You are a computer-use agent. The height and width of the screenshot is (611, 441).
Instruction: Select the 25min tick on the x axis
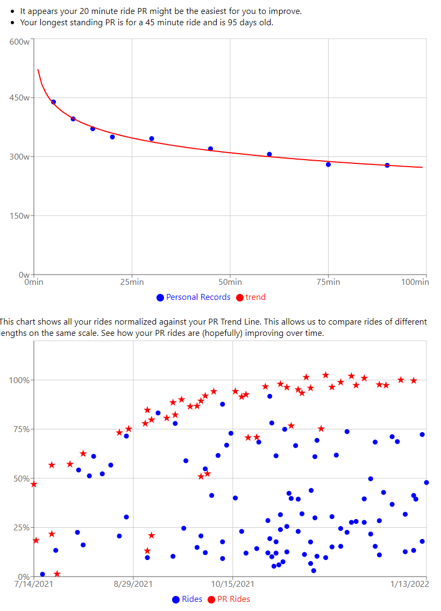(x=132, y=282)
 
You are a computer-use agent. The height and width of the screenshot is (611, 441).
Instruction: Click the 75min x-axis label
(x=328, y=282)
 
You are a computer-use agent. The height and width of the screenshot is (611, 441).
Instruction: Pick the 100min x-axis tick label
(x=415, y=282)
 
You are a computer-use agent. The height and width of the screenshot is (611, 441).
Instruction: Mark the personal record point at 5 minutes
(x=53, y=102)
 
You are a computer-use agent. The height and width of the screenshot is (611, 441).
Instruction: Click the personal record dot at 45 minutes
(x=210, y=149)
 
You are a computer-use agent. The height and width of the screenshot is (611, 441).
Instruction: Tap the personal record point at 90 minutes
(x=387, y=166)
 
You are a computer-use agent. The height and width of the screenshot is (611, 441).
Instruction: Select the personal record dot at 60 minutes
(x=269, y=154)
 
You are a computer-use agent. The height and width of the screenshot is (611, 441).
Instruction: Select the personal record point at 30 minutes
(x=152, y=139)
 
